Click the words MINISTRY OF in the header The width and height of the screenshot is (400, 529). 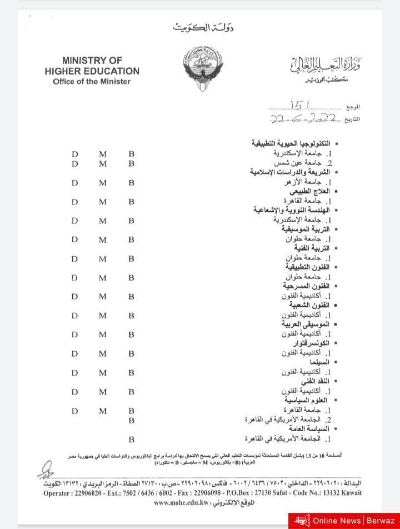(92, 60)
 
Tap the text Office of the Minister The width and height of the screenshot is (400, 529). (92, 82)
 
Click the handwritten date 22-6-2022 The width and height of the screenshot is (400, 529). (304, 118)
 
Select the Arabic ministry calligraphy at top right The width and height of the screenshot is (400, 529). (325, 69)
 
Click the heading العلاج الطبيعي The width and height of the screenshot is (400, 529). (306, 191)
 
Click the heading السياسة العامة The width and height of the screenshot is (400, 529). (309, 429)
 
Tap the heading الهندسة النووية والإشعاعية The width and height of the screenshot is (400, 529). (292, 210)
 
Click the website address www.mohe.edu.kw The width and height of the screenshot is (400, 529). (181, 503)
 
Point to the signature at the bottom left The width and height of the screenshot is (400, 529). (46, 470)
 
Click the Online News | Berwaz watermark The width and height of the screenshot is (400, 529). (344, 520)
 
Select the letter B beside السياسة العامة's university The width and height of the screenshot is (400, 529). (132, 440)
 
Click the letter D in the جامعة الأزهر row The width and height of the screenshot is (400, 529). (75, 182)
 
